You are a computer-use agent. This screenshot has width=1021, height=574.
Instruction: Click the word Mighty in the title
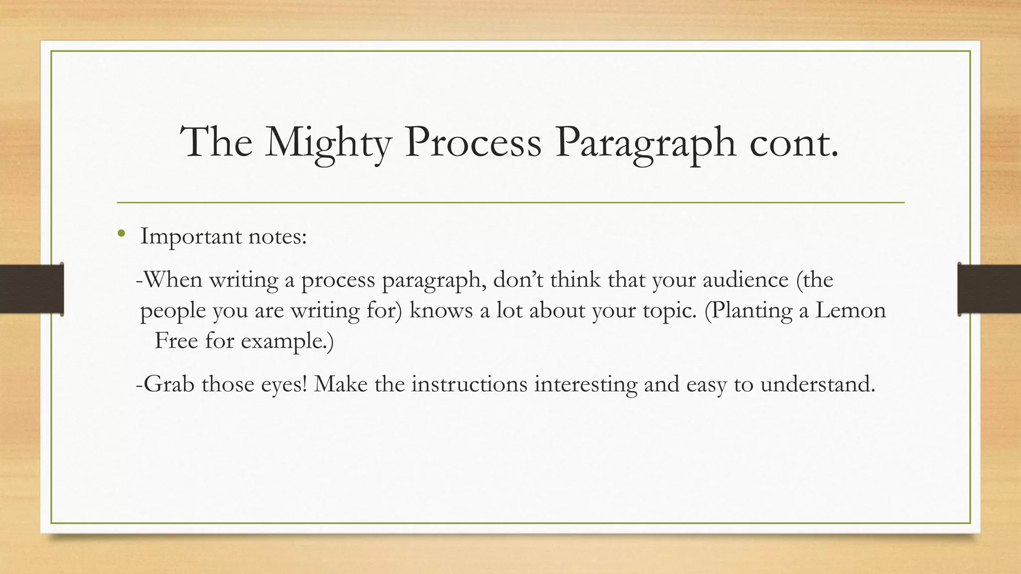[x=328, y=143]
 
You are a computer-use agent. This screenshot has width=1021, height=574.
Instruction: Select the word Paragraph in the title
[x=645, y=143]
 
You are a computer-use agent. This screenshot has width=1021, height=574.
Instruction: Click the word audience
[x=746, y=280]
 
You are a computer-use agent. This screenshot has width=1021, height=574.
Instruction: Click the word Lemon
[x=851, y=310]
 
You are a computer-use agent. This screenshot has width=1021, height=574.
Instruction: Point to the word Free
[x=176, y=341]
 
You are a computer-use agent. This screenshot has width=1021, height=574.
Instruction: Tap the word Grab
[x=169, y=384]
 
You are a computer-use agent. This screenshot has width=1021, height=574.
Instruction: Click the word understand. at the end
[x=818, y=384]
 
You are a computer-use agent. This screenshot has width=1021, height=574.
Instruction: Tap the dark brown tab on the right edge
[x=989, y=289]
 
